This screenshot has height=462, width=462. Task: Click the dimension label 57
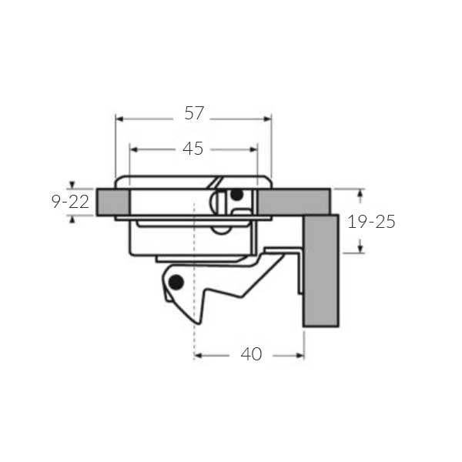pos(194,113)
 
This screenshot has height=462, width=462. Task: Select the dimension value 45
pos(193,149)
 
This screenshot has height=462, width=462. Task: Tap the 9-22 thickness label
pos(70,202)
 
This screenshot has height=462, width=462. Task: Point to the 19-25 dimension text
pos(371,222)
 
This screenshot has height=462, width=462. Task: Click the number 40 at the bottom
pos(251,354)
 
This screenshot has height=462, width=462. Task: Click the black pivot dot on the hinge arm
pos(176,283)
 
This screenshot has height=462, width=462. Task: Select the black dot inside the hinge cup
pos(237,195)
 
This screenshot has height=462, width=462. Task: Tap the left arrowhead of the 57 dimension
pos(119,119)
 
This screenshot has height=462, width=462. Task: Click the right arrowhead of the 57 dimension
pos(267,119)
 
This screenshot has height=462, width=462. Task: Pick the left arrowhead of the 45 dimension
pos(134,149)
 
